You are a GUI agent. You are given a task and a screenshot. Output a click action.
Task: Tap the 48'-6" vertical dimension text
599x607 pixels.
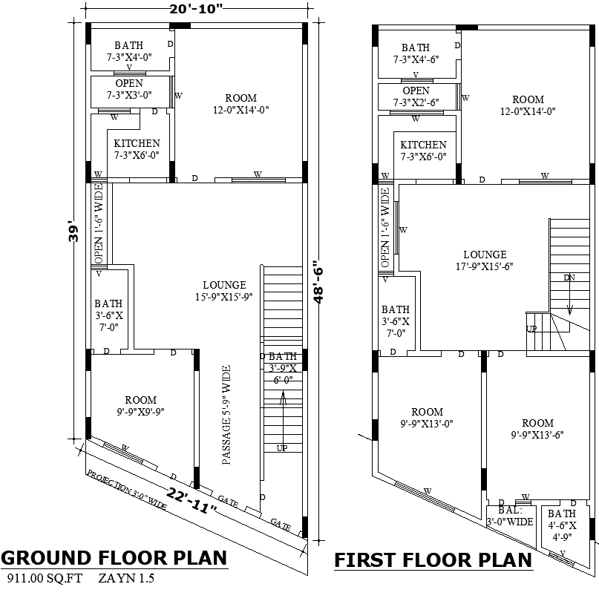pyautogui.click(x=318, y=282)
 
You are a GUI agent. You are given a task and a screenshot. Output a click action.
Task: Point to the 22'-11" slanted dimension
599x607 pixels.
pyautogui.click(x=190, y=499)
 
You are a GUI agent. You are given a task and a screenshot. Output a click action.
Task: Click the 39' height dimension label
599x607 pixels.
pyautogui.click(x=73, y=230)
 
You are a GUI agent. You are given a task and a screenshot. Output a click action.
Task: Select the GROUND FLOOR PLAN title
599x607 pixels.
pyautogui.click(x=114, y=557)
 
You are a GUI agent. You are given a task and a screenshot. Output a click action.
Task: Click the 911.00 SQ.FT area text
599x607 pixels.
pyautogui.click(x=45, y=578)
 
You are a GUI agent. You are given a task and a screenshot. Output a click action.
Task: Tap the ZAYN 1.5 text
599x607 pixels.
pyautogui.click(x=126, y=578)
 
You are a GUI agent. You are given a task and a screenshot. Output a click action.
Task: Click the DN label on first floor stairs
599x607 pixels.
pyautogui.click(x=569, y=278)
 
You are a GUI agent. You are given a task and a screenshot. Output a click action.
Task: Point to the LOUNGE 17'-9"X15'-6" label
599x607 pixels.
pyautogui.click(x=485, y=260)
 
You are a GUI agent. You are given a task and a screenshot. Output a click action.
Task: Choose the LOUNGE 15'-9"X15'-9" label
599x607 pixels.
pyautogui.click(x=224, y=290)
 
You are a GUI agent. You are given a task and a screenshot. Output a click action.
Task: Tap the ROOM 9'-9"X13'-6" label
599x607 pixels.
pyautogui.click(x=537, y=429)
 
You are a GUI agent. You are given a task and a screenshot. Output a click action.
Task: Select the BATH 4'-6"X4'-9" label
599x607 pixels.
pyautogui.click(x=561, y=525)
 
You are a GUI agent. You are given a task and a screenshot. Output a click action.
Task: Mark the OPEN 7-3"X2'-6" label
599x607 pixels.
pyautogui.click(x=416, y=97)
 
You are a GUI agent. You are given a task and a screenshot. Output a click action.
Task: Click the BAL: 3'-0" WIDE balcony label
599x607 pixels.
pyautogui.click(x=510, y=516)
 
